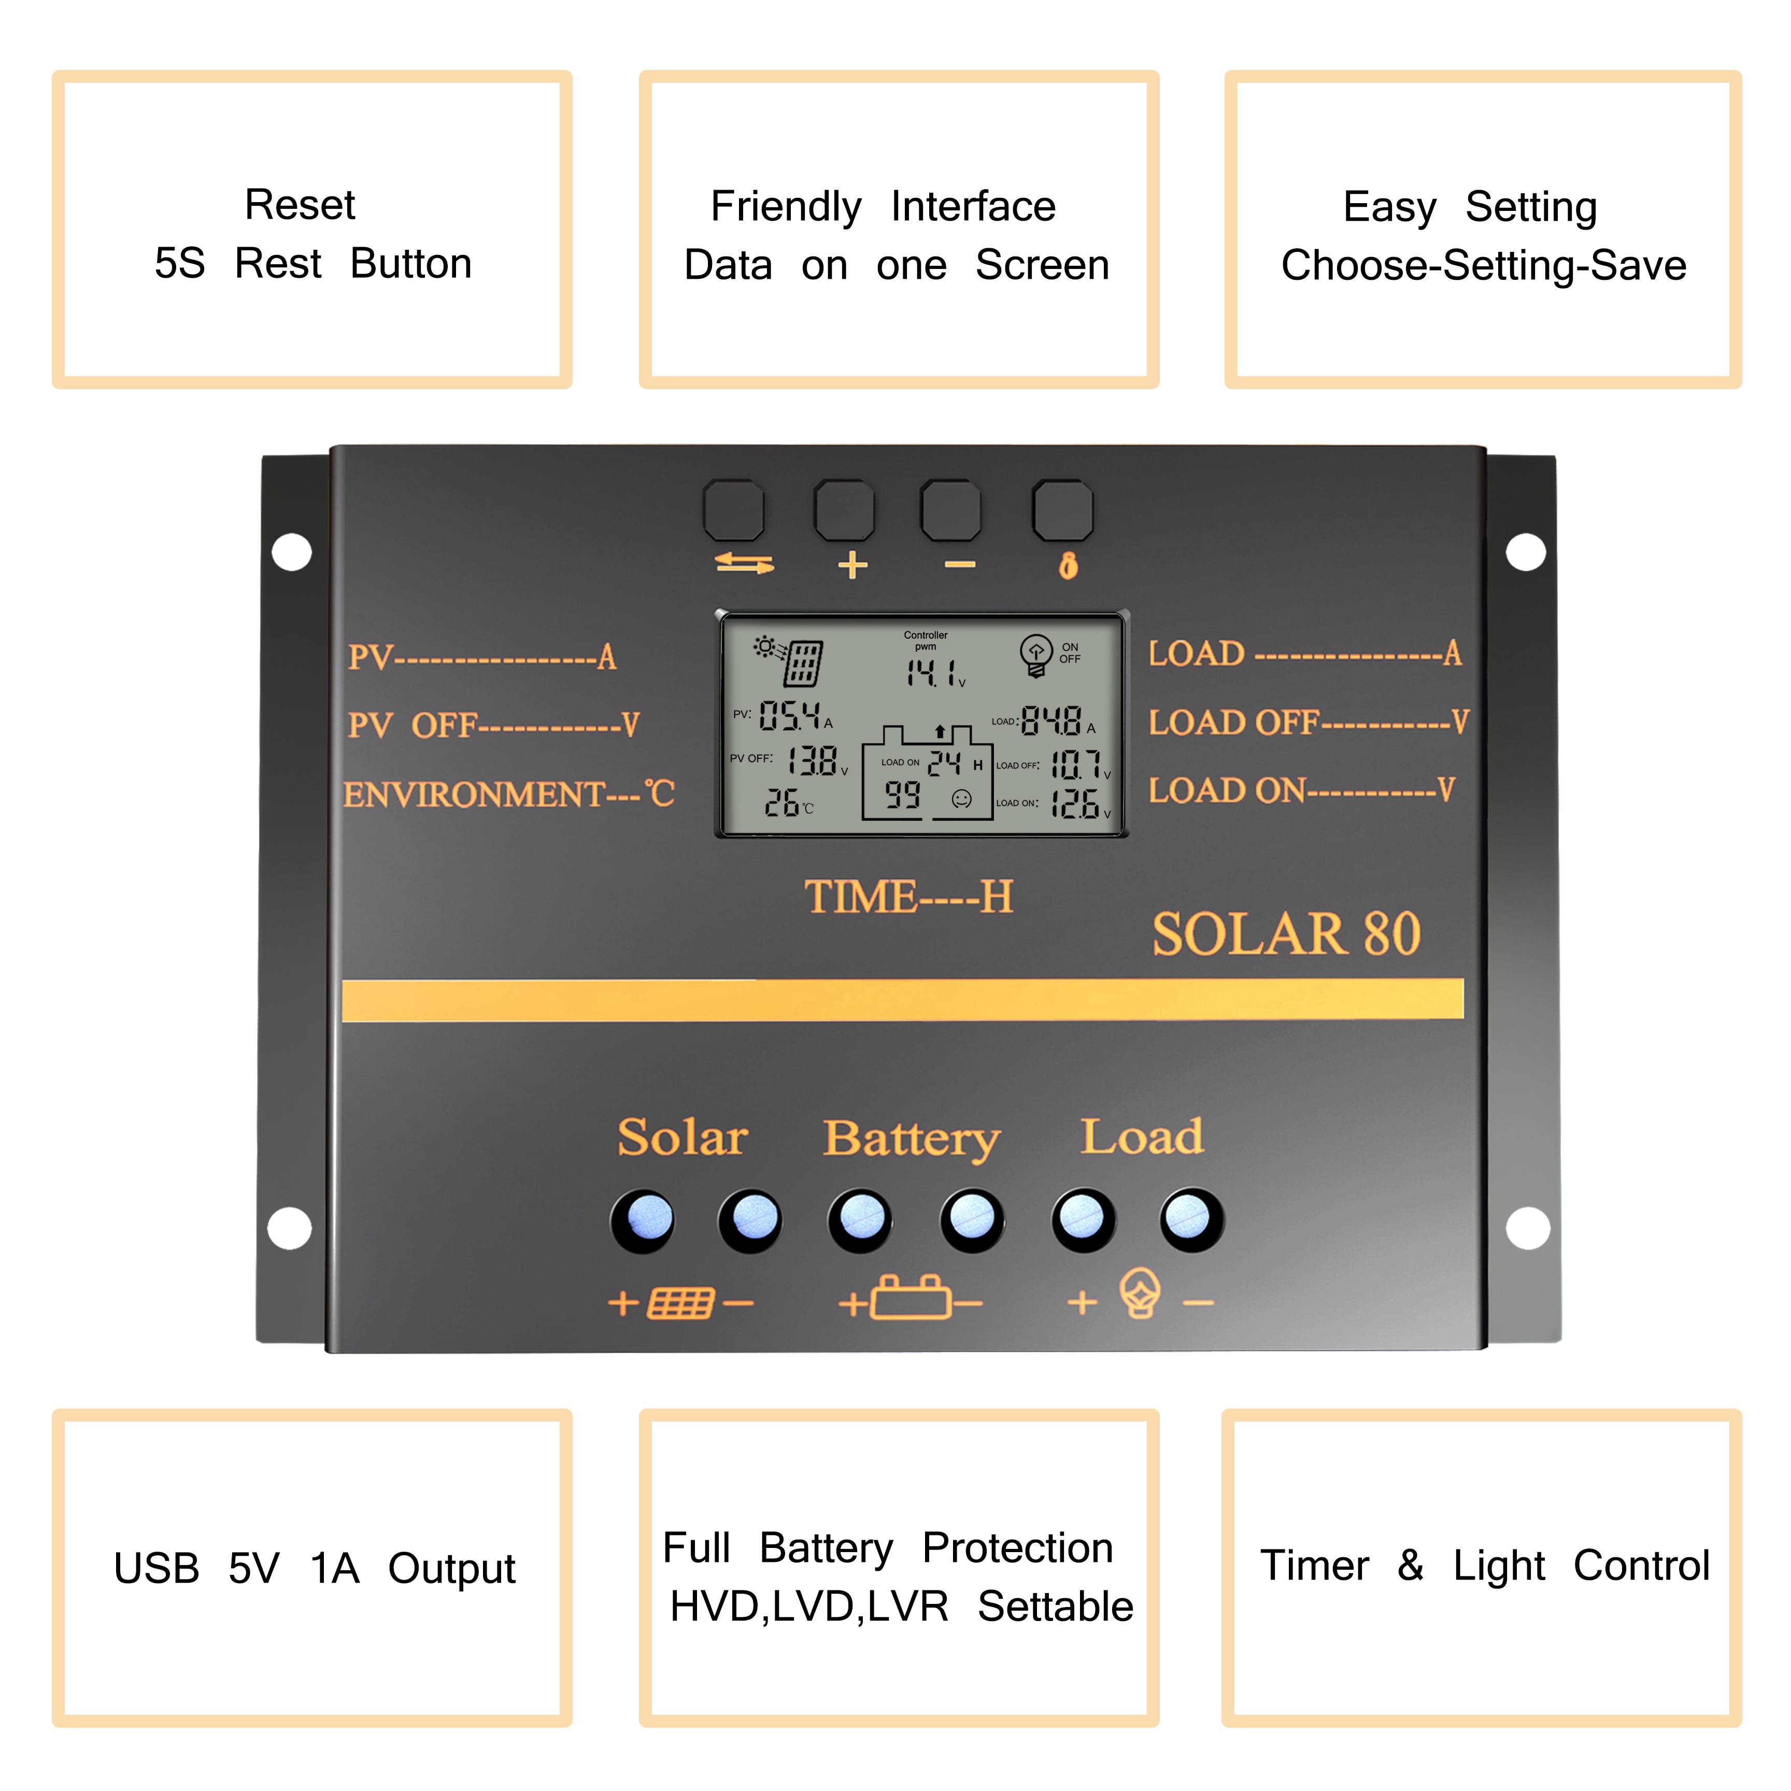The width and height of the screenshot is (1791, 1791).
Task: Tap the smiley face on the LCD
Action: tap(962, 798)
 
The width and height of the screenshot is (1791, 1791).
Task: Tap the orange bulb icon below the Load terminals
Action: tap(1140, 1292)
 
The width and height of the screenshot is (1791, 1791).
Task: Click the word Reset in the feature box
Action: tap(300, 204)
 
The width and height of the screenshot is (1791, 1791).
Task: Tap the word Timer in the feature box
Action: tap(1314, 1566)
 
